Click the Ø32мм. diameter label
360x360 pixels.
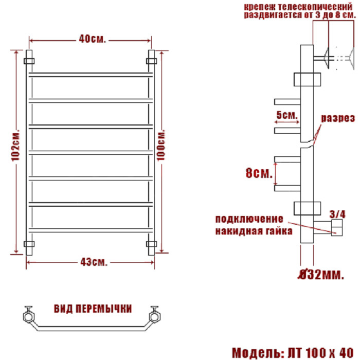[x=321, y=276]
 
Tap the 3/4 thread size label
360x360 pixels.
[x=336, y=213]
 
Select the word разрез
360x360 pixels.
[x=338, y=118]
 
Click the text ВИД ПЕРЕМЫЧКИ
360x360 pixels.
[x=93, y=309]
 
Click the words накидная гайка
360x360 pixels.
[x=254, y=231]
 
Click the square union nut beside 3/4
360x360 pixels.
[x=337, y=227]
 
